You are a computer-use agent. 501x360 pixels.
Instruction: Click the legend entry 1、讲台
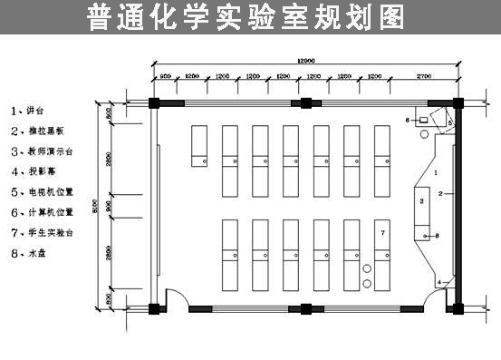pyautogui.click(x=26, y=111)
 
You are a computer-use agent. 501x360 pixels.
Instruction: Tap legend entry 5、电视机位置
pyautogui.click(x=41, y=191)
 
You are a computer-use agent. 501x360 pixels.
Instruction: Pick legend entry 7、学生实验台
pyautogui.click(x=41, y=232)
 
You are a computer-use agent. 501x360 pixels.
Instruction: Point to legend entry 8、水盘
pyautogui.click(x=26, y=253)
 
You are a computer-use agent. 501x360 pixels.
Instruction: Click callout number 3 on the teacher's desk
pyautogui.click(x=422, y=196)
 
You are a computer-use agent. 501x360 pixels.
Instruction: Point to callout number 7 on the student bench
pyautogui.click(x=383, y=233)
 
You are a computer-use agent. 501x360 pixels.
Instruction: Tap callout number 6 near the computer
pyautogui.click(x=408, y=120)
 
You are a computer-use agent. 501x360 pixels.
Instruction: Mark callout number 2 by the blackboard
pyautogui.click(x=440, y=194)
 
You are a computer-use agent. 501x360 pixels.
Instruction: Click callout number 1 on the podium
pyautogui.click(x=436, y=171)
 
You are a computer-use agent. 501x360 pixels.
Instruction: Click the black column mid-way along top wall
pyautogui.click(x=306, y=101)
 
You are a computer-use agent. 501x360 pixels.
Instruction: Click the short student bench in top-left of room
pyautogui.click(x=200, y=145)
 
